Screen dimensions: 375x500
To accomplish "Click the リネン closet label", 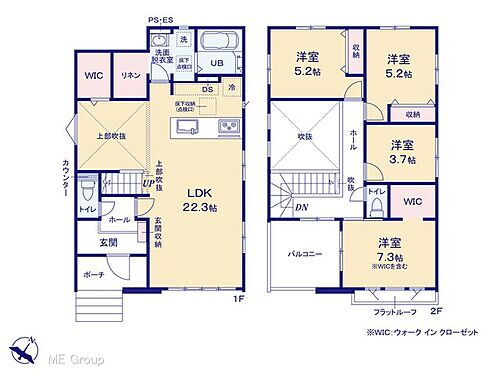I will [130, 76].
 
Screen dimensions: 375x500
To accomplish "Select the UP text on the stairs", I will [148, 183].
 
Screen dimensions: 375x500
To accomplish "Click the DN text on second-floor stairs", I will [301, 207].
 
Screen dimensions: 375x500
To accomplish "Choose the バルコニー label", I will [304, 254].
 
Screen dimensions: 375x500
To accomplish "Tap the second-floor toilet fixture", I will [375, 205].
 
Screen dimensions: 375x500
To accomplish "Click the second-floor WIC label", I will [412, 203].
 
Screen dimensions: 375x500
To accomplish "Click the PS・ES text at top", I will [160, 19].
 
